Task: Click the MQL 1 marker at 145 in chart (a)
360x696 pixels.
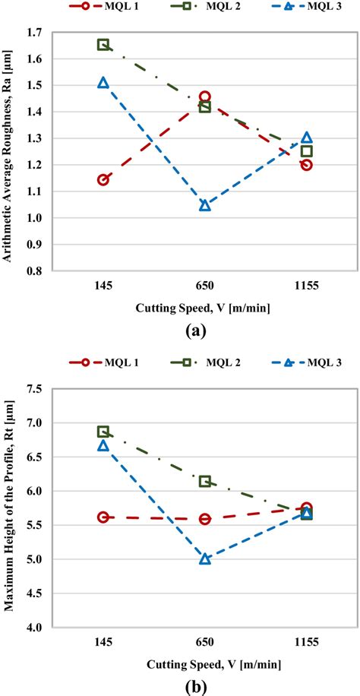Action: click(x=103, y=180)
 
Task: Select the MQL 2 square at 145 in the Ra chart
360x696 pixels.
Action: click(x=103, y=45)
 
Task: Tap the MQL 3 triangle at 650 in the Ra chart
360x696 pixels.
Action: click(x=205, y=205)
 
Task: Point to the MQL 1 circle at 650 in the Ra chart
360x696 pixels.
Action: click(x=205, y=96)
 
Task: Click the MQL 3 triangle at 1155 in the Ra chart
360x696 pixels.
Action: click(x=306, y=138)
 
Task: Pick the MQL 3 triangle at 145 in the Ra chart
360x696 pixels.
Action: click(x=103, y=83)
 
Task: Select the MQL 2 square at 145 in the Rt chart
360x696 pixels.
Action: click(x=103, y=432)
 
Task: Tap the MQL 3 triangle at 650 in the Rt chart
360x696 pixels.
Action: click(x=205, y=558)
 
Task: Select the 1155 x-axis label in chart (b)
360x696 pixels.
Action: click(x=306, y=643)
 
